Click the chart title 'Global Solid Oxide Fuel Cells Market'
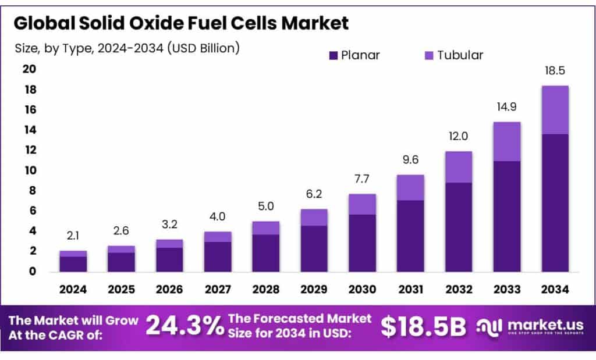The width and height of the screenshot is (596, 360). (181, 23)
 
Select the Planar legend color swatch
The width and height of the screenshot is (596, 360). (334, 55)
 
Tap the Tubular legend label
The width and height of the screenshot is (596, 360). (460, 55)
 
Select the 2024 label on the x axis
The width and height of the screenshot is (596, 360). (73, 288)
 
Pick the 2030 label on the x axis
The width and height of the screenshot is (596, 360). (362, 288)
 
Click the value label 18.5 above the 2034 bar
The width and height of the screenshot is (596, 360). (555, 71)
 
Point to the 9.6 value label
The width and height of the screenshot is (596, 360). (410, 160)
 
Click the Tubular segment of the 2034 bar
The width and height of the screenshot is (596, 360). (555, 110)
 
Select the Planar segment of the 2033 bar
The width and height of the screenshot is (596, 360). (506, 216)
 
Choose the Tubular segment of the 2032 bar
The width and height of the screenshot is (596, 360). (459, 167)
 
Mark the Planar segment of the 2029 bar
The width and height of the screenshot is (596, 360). (314, 248)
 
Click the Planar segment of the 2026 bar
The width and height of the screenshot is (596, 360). (169, 259)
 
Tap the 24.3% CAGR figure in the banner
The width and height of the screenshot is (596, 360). (184, 327)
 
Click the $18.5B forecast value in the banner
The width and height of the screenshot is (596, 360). (423, 327)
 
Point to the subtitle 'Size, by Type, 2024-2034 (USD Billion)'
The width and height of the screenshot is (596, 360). (127, 48)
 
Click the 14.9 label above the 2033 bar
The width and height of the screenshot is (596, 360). (506, 107)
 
